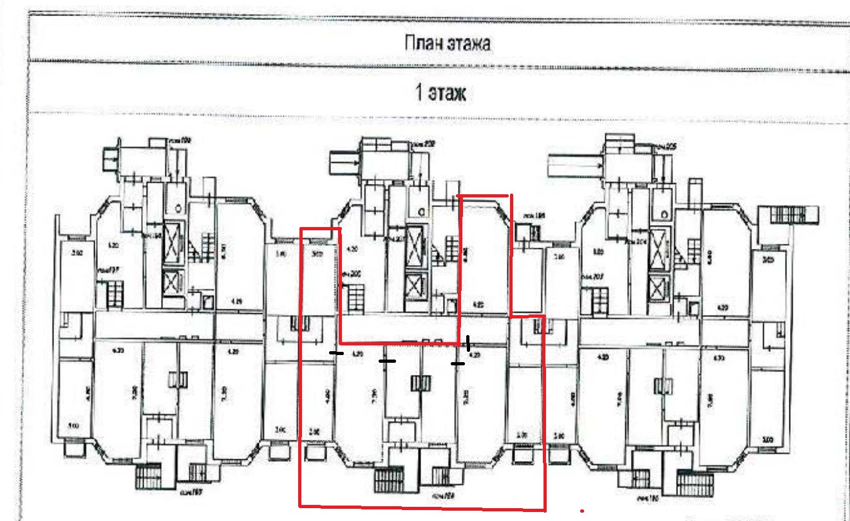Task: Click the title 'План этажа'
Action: tap(447, 43)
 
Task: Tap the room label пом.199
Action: tap(175, 139)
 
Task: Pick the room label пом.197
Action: tap(105, 271)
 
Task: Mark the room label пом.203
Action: tap(591, 276)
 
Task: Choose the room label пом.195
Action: tap(534, 215)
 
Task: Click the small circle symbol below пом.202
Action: tap(420, 211)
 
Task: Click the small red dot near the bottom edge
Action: tap(581, 511)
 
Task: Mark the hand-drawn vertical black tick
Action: tap(468, 343)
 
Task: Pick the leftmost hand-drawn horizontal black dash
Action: tap(336, 353)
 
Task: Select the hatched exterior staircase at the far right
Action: tap(789, 215)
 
